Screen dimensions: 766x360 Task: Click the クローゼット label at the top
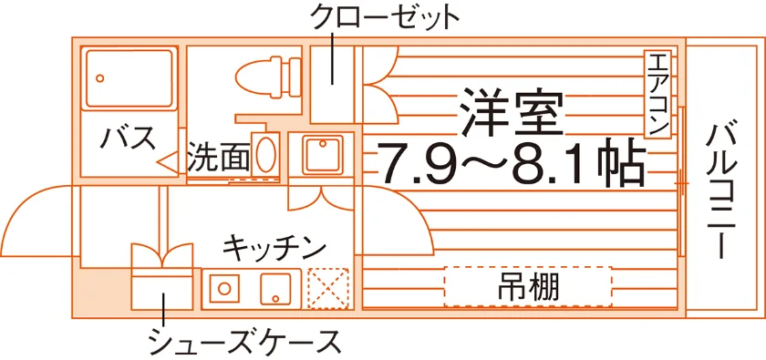click(x=385, y=18)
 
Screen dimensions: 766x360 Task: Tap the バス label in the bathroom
click(x=128, y=138)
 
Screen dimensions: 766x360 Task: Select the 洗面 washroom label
click(x=219, y=157)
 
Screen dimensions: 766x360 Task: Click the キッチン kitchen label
click(x=274, y=247)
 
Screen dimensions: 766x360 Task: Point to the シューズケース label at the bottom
click(x=245, y=342)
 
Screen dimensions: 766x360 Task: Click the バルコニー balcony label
click(x=721, y=190)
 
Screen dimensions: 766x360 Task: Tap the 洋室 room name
click(x=512, y=113)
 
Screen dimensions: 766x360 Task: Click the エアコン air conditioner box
click(x=657, y=94)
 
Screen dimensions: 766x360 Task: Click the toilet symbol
click(x=268, y=77)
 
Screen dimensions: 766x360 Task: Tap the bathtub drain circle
click(x=100, y=78)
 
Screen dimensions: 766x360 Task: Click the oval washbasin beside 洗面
click(x=265, y=154)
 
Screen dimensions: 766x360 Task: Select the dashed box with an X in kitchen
click(x=327, y=288)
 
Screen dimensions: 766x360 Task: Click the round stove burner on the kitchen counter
click(x=224, y=288)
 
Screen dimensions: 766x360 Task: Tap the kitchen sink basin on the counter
click(x=275, y=288)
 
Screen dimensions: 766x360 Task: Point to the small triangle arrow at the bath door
click(x=168, y=162)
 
